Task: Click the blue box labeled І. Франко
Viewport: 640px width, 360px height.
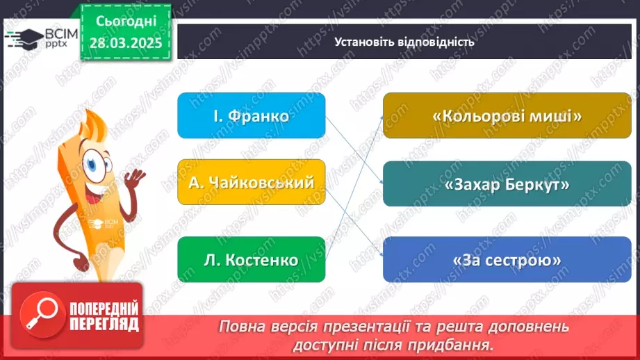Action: click(251, 115)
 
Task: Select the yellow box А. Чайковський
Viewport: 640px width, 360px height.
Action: click(251, 182)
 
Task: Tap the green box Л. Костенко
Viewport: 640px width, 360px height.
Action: click(251, 260)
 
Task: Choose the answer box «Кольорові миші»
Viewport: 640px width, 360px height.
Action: click(507, 116)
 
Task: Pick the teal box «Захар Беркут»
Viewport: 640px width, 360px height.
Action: click(507, 185)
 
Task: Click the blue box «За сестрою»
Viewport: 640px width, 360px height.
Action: click(507, 259)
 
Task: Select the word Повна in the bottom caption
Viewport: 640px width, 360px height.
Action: click(240, 327)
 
